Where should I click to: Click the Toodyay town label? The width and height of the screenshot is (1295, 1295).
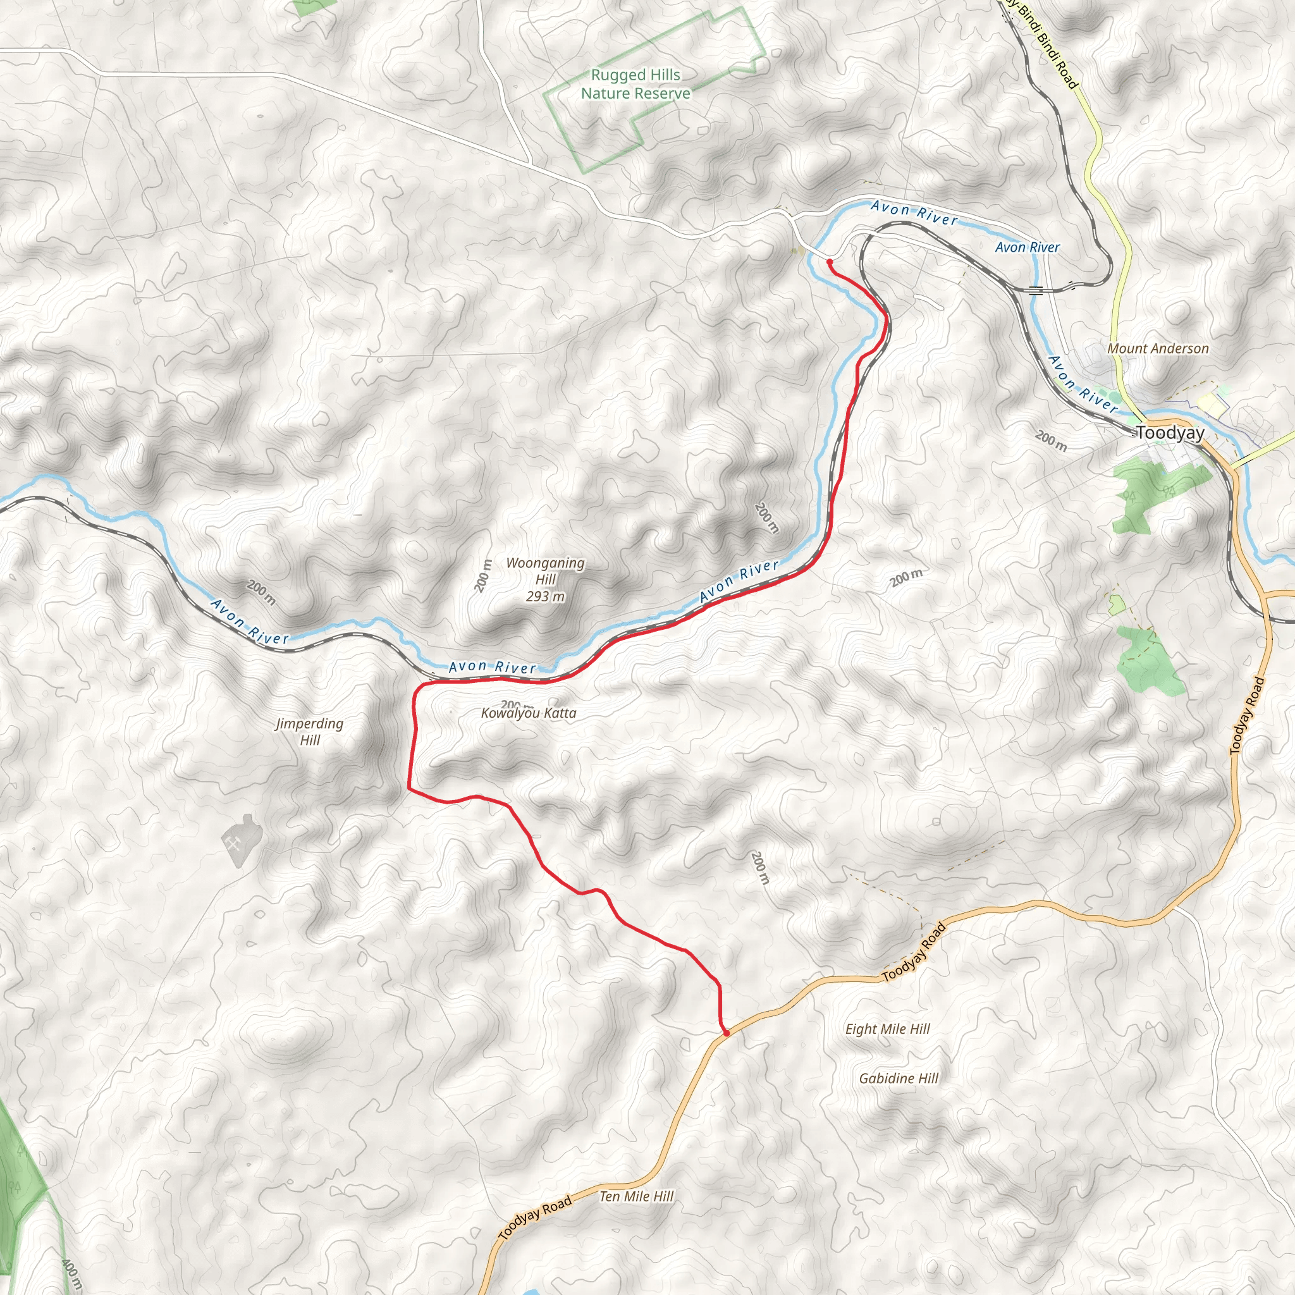coord(1170,433)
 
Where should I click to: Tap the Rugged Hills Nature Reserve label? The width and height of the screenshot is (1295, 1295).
coord(635,85)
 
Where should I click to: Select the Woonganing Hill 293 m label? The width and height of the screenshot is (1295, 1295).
coord(545,580)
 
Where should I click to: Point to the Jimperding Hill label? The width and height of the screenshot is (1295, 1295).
coord(310,732)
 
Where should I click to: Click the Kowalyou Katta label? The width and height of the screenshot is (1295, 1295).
coord(528,713)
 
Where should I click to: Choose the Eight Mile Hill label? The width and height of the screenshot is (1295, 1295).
coord(887,1029)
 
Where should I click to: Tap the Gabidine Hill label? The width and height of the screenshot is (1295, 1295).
coord(898,1079)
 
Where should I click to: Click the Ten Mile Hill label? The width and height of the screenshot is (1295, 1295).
coord(636,1196)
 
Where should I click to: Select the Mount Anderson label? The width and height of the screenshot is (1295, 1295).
coord(1158,348)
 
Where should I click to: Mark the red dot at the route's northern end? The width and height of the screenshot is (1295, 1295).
coord(830,261)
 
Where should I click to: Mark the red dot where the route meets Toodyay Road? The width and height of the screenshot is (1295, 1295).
coord(726,1034)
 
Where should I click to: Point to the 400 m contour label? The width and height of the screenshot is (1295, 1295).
coord(71,1274)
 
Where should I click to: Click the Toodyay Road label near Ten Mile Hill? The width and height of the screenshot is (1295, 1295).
coord(535,1217)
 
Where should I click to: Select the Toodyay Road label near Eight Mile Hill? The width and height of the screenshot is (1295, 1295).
coord(914,952)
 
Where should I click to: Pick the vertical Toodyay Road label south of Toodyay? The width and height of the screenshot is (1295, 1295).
coord(1248,716)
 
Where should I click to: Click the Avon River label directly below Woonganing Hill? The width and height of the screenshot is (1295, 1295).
coord(492,667)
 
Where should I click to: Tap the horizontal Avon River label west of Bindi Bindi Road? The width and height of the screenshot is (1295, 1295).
coord(1027,247)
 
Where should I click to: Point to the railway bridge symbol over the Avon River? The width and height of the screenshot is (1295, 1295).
coord(1036,290)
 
